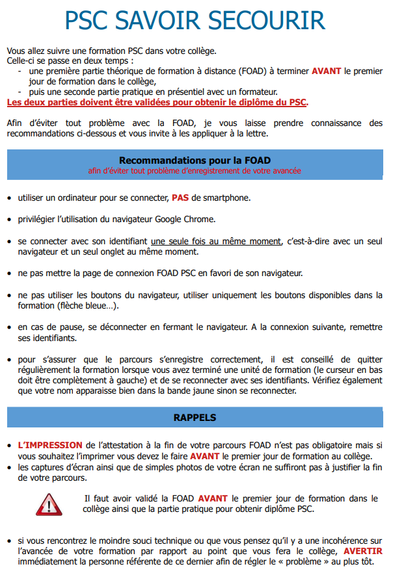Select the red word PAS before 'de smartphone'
point(180,197)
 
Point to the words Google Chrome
point(185,219)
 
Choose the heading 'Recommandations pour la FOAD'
point(195,160)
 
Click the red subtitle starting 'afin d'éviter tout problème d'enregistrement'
point(195,171)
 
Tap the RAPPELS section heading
point(195,417)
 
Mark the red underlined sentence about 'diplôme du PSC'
point(157,102)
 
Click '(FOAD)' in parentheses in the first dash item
point(260,71)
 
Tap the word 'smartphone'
point(224,197)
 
